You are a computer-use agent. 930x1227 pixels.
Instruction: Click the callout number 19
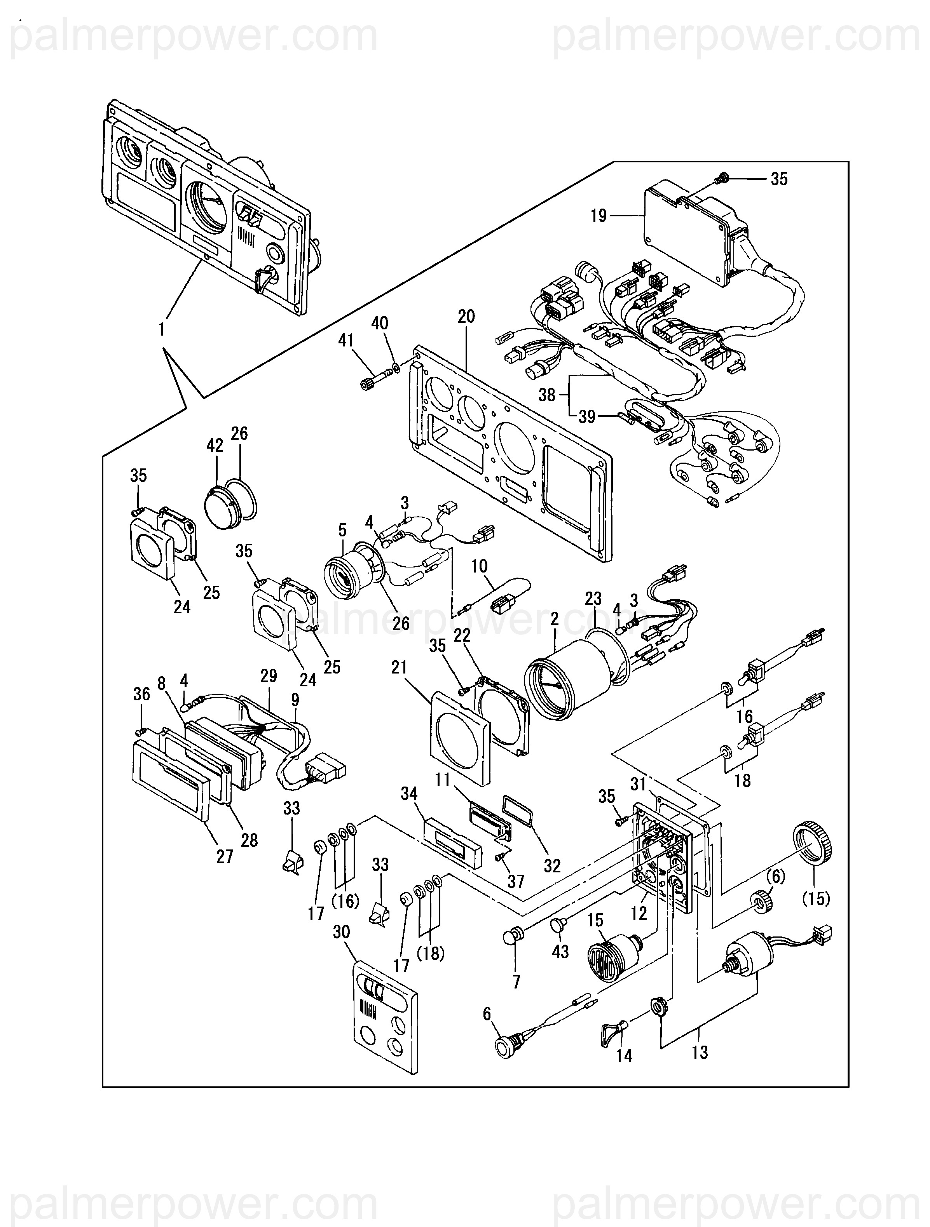(599, 216)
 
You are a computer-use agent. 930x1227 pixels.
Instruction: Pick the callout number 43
(560, 952)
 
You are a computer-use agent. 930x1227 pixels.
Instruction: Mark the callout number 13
(700, 1052)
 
